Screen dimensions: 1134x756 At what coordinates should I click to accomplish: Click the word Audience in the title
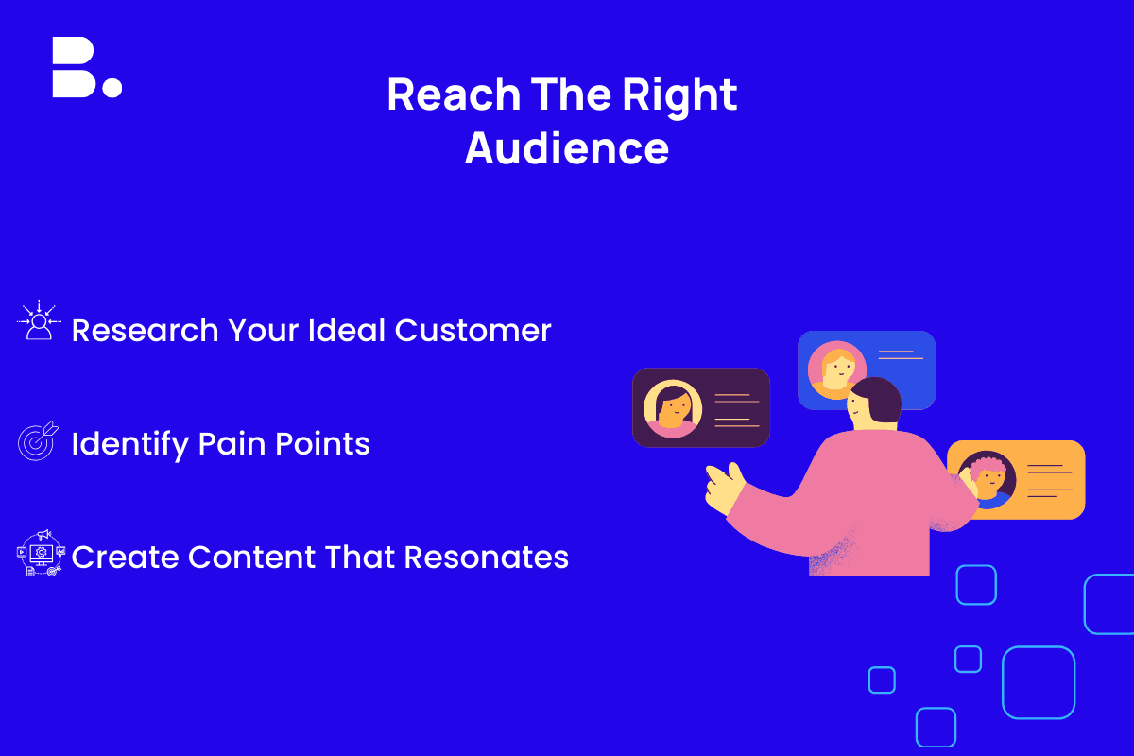567,148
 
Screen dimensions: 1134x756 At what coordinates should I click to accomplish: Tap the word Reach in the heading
454,94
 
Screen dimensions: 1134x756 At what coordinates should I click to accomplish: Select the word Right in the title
679,96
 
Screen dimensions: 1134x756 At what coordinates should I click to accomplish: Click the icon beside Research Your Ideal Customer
39,320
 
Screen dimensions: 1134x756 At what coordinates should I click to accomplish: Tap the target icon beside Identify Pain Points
38,441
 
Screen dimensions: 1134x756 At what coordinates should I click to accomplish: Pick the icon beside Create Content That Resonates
41,553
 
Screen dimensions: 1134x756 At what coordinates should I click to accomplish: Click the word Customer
472,331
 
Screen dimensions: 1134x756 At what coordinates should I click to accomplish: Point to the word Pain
232,443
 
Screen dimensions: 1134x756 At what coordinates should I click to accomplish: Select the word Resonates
487,557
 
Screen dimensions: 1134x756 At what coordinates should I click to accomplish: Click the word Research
146,331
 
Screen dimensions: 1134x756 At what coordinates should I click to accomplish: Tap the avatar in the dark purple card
673,408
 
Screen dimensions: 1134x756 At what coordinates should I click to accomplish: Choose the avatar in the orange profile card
988,479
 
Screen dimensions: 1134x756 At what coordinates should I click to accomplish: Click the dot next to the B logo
112,87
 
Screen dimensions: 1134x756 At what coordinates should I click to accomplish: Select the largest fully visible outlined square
1039,682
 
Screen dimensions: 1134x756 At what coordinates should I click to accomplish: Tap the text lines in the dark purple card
736,410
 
